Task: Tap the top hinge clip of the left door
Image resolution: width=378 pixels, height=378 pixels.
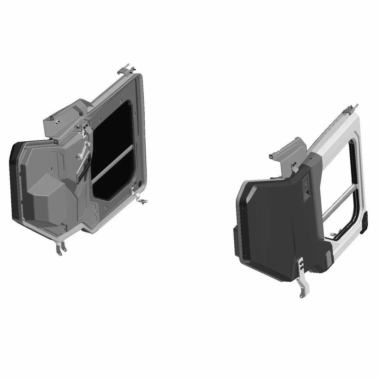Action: point(127,70)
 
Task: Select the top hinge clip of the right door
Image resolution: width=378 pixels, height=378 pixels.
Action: point(350,107)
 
